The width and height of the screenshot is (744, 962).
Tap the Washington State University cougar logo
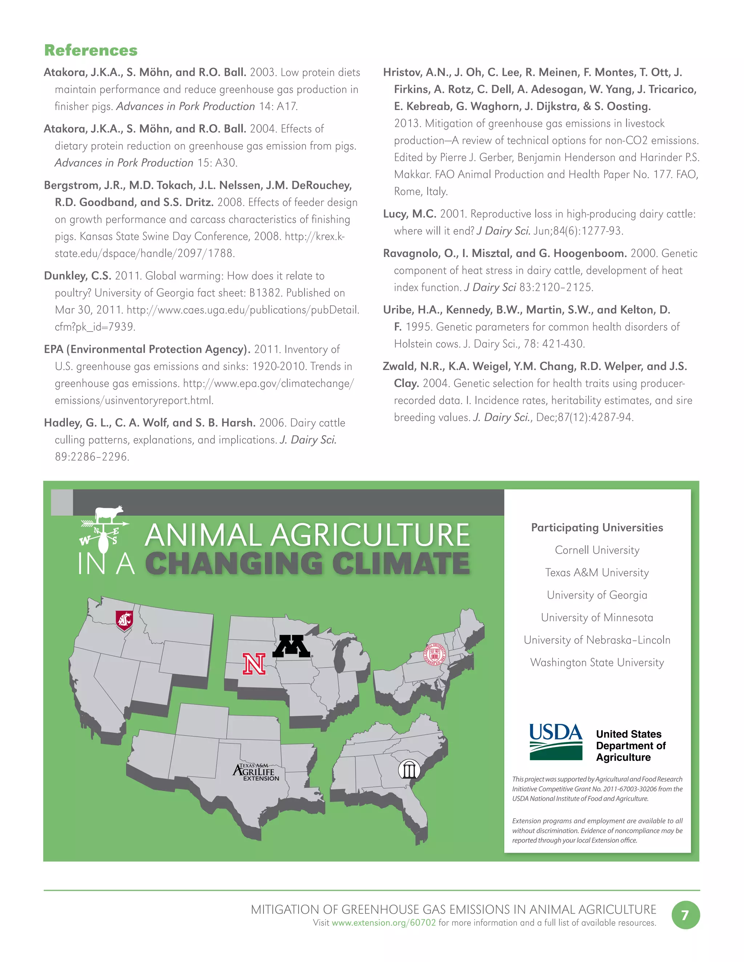124,620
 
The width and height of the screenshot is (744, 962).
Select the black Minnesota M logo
291,646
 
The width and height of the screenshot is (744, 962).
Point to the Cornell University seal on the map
435,654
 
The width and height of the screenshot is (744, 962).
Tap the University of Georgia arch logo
409,770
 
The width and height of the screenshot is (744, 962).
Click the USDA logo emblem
556,743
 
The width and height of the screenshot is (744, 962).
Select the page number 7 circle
686,915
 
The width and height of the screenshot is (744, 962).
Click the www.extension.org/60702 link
384,922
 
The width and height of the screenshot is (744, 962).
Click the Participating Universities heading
597,527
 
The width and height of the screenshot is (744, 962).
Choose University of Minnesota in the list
597,617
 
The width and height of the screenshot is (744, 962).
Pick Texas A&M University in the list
597,572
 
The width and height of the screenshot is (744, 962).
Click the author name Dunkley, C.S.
78,276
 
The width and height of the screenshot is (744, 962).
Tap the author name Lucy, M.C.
409,214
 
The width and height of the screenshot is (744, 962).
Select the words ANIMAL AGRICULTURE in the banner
307,535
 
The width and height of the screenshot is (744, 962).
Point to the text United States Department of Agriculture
630,746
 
